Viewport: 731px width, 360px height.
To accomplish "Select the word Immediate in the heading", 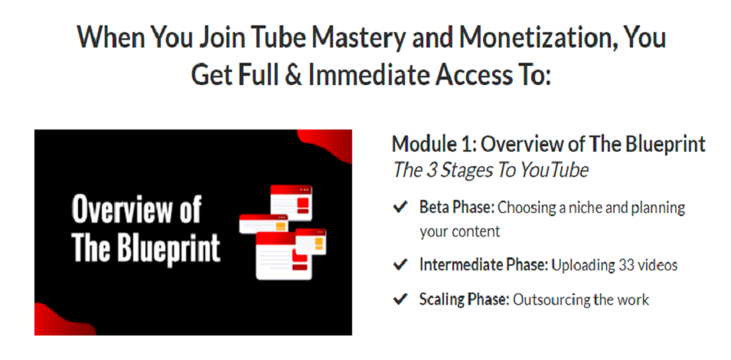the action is tap(366, 75).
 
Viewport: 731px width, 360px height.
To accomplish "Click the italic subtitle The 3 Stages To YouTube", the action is tap(490, 170).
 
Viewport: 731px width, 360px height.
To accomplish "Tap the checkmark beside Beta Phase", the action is tap(400, 207).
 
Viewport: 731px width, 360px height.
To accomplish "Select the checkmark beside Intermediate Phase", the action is tap(400, 265).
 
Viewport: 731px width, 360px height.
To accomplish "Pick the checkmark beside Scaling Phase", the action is tap(400, 299).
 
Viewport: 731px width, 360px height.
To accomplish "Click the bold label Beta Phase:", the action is tap(457, 207).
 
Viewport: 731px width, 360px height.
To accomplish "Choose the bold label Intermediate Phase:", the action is tap(484, 265).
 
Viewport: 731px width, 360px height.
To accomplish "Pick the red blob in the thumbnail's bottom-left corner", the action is tap(60, 321).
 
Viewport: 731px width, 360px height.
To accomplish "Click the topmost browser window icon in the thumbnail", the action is tap(292, 202).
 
